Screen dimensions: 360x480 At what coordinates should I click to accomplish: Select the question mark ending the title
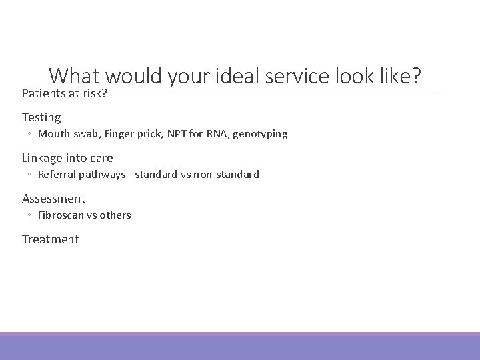pyautogui.click(x=416, y=77)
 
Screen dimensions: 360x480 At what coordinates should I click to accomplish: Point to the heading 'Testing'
pyautogui.click(x=41, y=117)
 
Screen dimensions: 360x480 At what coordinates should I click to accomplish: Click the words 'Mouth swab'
pyautogui.click(x=63, y=134)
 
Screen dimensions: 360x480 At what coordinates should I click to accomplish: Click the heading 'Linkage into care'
pyautogui.click(x=67, y=158)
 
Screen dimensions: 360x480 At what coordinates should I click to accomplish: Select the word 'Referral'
pyautogui.click(x=58, y=175)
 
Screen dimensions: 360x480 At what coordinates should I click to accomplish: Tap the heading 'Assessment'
pyautogui.click(x=53, y=199)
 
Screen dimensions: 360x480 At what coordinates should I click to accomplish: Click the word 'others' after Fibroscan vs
pyautogui.click(x=115, y=215)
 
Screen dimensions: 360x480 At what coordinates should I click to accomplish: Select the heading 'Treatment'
pyautogui.click(x=50, y=239)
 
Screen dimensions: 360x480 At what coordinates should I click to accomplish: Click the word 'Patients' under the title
pyautogui.click(x=42, y=94)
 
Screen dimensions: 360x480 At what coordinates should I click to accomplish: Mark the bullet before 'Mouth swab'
pyautogui.click(x=30, y=135)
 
